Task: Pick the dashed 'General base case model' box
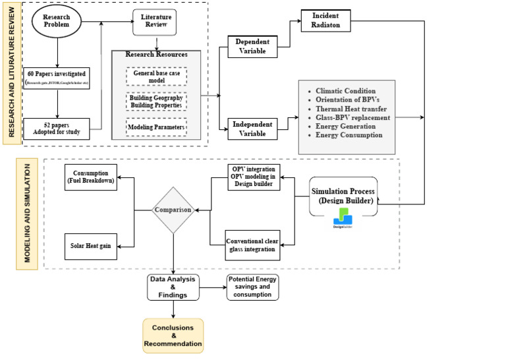click(x=157, y=76)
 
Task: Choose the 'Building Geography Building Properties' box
click(x=157, y=102)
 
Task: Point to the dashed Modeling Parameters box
click(x=157, y=127)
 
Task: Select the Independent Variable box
click(x=253, y=129)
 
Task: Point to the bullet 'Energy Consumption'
click(x=349, y=135)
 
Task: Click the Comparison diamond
click(x=173, y=210)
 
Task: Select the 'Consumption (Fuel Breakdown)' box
click(x=91, y=177)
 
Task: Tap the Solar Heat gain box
click(x=91, y=246)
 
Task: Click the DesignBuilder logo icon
click(x=343, y=218)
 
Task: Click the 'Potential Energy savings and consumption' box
click(x=252, y=288)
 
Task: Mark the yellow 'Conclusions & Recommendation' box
click(x=173, y=336)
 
